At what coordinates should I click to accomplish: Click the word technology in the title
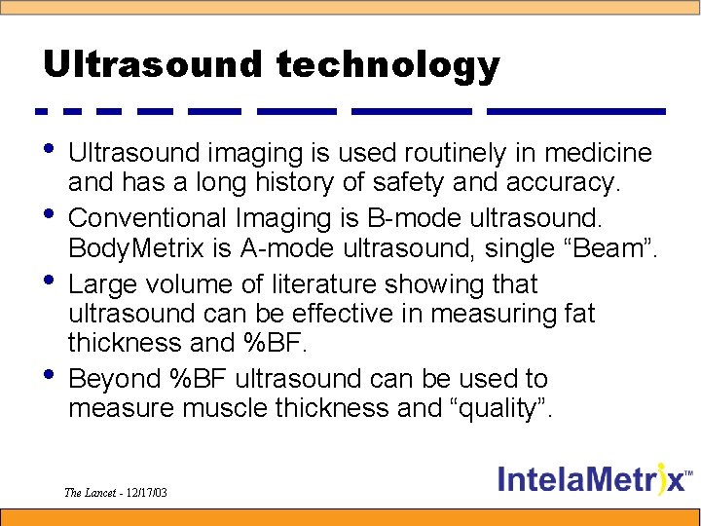tap(387, 66)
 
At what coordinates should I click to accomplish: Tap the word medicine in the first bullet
tap(599, 154)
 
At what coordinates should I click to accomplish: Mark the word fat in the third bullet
tap(575, 314)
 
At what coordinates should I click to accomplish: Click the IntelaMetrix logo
tap(596, 479)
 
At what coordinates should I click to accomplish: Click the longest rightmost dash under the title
tap(576, 111)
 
